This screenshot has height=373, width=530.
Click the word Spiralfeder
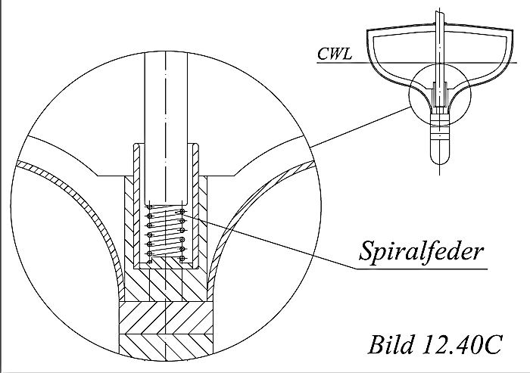pos(422,250)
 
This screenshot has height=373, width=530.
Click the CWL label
pos(335,54)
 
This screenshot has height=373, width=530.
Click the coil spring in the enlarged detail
pos(166,234)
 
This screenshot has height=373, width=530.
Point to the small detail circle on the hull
pos(440,95)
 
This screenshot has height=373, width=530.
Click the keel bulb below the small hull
pos(440,138)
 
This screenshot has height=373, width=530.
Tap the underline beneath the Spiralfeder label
pos(422,269)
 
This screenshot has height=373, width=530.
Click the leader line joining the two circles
pos(360,127)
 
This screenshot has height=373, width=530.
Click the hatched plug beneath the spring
pos(166,278)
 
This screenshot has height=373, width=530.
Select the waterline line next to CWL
pos(416,63)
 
